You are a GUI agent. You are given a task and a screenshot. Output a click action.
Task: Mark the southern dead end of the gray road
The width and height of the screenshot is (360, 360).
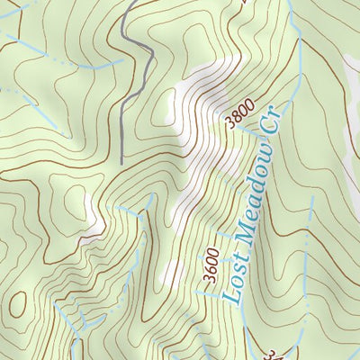tap(121, 162)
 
